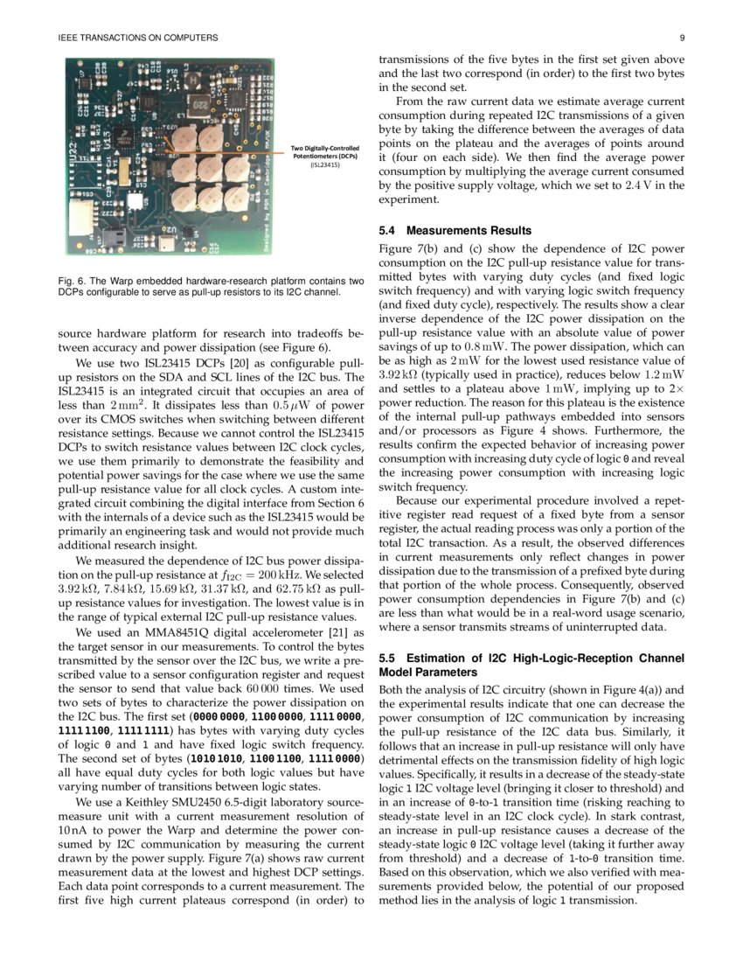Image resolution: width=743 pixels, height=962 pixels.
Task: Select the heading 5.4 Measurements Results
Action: (454, 231)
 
